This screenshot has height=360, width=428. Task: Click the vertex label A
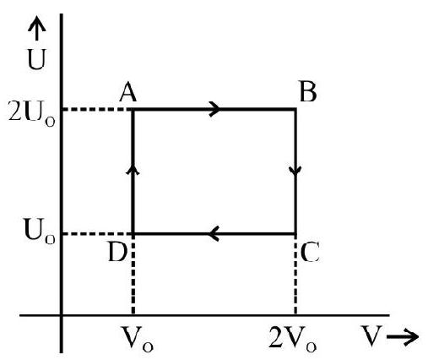(x=128, y=92)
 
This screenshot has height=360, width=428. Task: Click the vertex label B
(x=308, y=92)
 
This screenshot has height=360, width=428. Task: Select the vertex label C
(x=310, y=253)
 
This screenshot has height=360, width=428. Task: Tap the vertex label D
(x=118, y=253)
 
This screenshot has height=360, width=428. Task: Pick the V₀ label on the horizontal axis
(x=137, y=339)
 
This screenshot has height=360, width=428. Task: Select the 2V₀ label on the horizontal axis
(x=293, y=339)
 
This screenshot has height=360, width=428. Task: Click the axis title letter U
(x=36, y=59)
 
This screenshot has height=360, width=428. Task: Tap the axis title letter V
(x=371, y=336)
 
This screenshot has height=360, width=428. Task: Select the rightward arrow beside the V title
(x=403, y=336)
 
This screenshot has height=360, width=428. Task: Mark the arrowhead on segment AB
(x=215, y=109)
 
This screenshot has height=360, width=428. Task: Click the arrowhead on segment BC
(x=295, y=171)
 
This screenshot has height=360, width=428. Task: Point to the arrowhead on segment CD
(x=214, y=233)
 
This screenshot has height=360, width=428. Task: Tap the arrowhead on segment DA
(x=133, y=170)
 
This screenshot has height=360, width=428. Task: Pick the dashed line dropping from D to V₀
(x=133, y=275)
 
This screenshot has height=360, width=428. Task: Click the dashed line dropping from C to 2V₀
(x=295, y=275)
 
